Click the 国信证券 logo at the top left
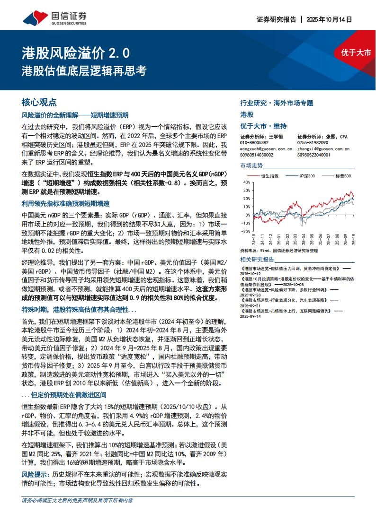[x=54, y=18]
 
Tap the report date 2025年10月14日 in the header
[x=330, y=20]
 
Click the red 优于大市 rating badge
[x=356, y=52]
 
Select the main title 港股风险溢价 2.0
[x=75, y=52]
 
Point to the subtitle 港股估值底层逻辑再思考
[x=84, y=71]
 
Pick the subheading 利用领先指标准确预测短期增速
[x=65, y=203]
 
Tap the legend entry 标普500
[x=343, y=176]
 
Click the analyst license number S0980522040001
[x=314, y=155]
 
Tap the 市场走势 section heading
[x=251, y=165]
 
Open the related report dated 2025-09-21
[x=251, y=305]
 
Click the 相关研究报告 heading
[x=257, y=260]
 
